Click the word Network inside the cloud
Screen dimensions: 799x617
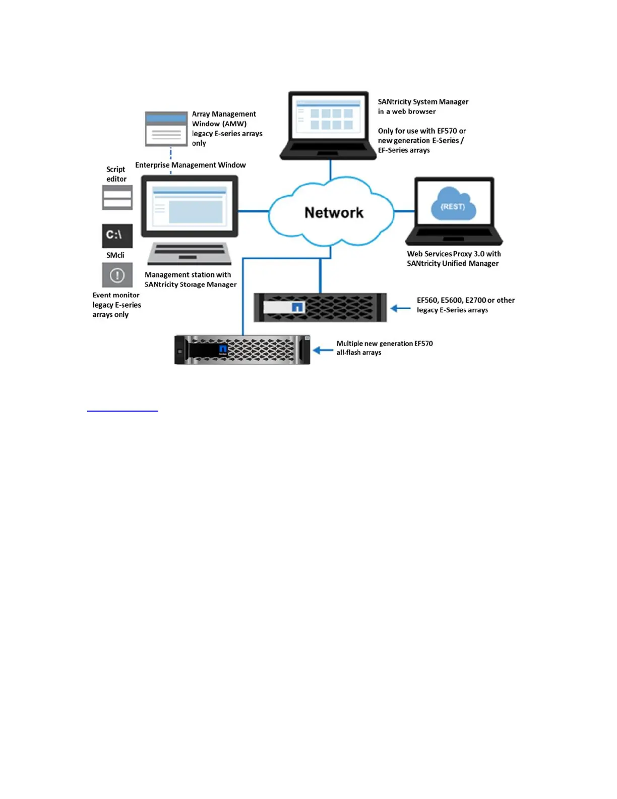click(334, 213)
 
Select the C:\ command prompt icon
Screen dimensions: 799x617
click(117, 236)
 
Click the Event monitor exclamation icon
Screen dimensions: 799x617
click(117, 275)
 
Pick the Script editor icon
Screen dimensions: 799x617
click(117, 197)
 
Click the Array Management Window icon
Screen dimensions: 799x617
click(166, 129)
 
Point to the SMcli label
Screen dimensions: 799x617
click(115, 255)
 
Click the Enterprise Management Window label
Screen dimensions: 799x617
click(190, 165)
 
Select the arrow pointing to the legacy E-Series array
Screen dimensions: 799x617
click(401, 308)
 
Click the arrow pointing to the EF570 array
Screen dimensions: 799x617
click(323, 350)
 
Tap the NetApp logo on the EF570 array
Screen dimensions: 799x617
click(223, 350)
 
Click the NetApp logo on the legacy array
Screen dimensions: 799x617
click(297, 307)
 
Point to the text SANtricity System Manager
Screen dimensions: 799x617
click(423, 102)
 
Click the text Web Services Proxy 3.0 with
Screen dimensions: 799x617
click(454, 254)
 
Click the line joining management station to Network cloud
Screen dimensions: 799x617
click(254, 211)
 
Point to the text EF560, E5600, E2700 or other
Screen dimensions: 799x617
click(465, 300)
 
